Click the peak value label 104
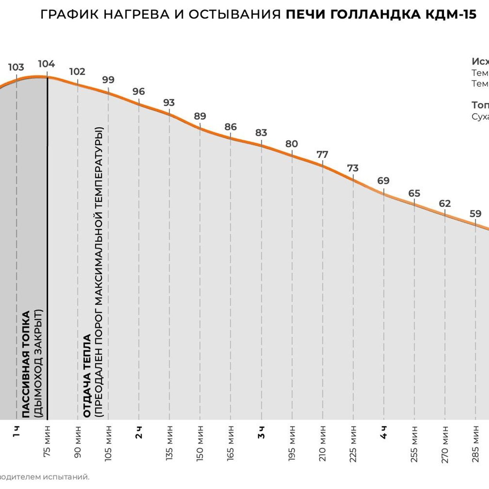[47, 64]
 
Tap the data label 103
[16, 67]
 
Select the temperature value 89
[200, 116]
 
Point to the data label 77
[322, 154]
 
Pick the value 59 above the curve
[475, 214]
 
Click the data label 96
[139, 91]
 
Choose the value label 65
[414, 193]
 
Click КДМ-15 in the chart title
[451, 14]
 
